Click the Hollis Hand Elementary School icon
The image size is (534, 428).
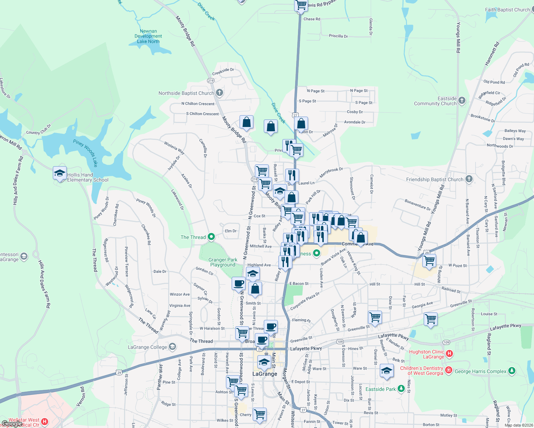(60, 173)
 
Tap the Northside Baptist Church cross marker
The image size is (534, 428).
(220, 93)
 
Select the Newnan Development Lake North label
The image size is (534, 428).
(148, 36)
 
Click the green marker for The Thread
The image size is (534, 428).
(211, 237)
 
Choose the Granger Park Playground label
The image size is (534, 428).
(223, 262)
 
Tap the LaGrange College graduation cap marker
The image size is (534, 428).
(172, 347)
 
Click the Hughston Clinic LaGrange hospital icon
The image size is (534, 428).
(449, 353)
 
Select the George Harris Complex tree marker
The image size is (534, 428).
(512, 371)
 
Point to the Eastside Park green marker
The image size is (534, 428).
(401, 388)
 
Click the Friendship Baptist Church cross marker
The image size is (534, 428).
(469, 179)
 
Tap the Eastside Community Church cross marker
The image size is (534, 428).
(462, 101)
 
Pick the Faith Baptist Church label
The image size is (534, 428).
(507, 10)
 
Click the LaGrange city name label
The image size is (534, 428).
(265, 374)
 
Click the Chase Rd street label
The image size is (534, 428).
(312, 19)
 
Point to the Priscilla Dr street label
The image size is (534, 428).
(338, 36)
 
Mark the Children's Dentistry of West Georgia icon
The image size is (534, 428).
(449, 370)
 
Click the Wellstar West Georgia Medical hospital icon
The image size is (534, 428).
(45, 422)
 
